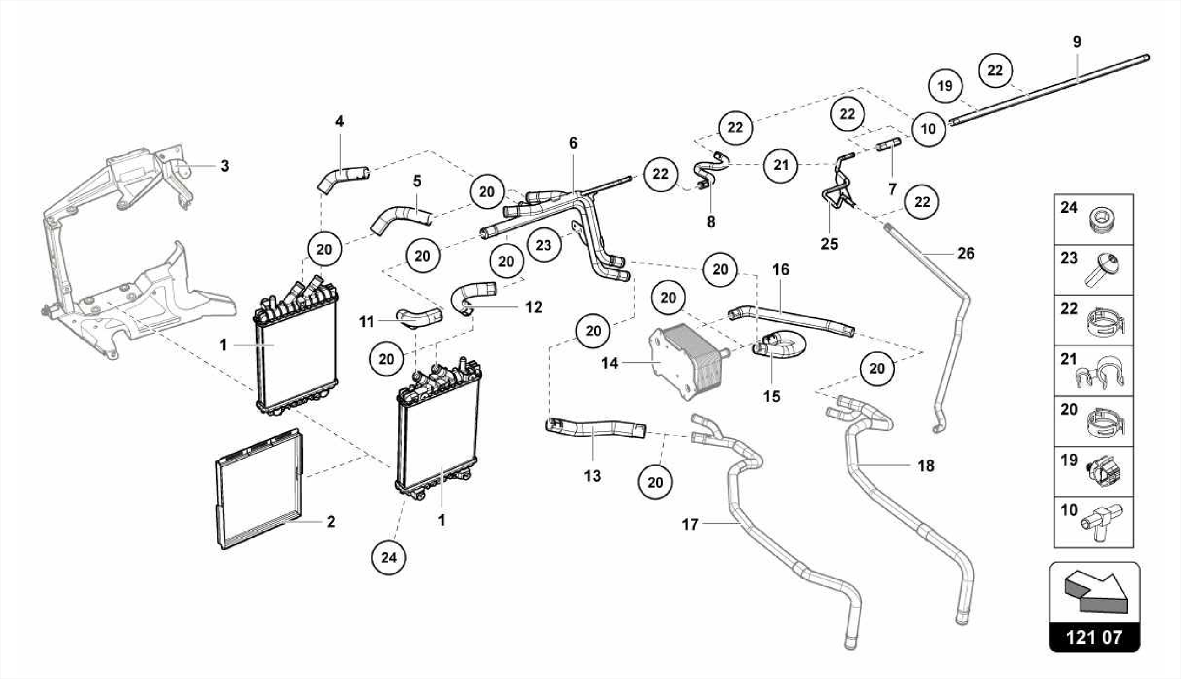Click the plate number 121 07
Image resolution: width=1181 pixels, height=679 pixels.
(1094, 637)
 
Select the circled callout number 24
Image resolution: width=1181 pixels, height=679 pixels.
(389, 557)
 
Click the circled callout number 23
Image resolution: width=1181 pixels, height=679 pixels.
(543, 245)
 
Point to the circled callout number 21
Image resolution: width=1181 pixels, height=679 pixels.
(780, 165)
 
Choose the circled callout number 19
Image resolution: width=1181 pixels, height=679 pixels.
(945, 86)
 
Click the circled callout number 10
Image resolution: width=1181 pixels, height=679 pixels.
(928, 128)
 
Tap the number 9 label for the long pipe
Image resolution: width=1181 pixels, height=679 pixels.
(1077, 42)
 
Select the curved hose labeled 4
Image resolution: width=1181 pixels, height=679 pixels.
(341, 176)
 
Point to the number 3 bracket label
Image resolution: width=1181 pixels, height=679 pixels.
(224, 166)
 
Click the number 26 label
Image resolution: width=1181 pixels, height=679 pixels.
(965, 253)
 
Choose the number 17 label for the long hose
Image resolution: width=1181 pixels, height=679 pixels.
(690, 524)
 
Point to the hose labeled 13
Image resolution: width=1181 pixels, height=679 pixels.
(594, 429)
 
